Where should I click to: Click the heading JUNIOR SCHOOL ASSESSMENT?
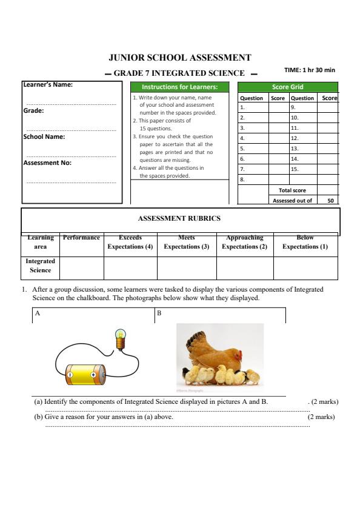(x=179, y=58)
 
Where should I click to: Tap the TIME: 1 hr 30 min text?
(x=309, y=70)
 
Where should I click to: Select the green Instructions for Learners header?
(x=179, y=87)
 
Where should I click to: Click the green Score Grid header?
(x=287, y=87)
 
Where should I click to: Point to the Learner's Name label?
(x=48, y=84)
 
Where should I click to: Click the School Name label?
(x=44, y=137)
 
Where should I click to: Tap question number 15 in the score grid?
(x=295, y=169)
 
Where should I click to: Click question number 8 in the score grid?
(x=242, y=180)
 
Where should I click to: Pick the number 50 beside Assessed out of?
(x=330, y=200)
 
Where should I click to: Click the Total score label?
(x=292, y=190)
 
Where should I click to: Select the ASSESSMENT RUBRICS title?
(x=179, y=218)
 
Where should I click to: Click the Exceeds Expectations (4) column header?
(x=130, y=243)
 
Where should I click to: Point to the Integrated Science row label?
(x=40, y=266)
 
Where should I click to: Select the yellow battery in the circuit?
(x=85, y=374)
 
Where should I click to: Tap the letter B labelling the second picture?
(x=159, y=314)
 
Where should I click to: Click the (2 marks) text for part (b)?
(x=321, y=417)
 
